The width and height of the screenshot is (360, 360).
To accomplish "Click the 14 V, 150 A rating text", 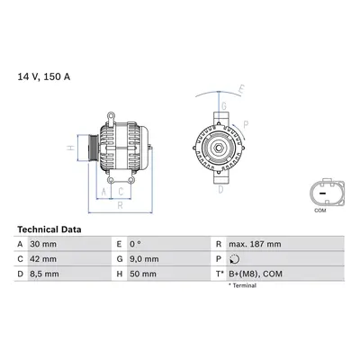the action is [x=44, y=76].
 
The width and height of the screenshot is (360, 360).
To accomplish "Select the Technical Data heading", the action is [x=49, y=229].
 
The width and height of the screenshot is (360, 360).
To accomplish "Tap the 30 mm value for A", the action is [x=43, y=244].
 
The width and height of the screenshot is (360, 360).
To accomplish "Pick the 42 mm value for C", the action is [x=43, y=259].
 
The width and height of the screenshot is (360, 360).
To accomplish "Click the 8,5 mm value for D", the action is [x=44, y=274].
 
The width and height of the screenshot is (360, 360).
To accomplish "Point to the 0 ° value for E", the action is [x=135, y=244].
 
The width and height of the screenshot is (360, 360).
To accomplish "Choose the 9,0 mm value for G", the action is [x=144, y=259].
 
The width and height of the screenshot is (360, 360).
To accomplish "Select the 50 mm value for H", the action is [x=143, y=274].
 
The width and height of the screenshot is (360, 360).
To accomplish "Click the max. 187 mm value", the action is [x=255, y=244].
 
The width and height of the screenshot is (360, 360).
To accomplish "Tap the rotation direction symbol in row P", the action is [x=234, y=259].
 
